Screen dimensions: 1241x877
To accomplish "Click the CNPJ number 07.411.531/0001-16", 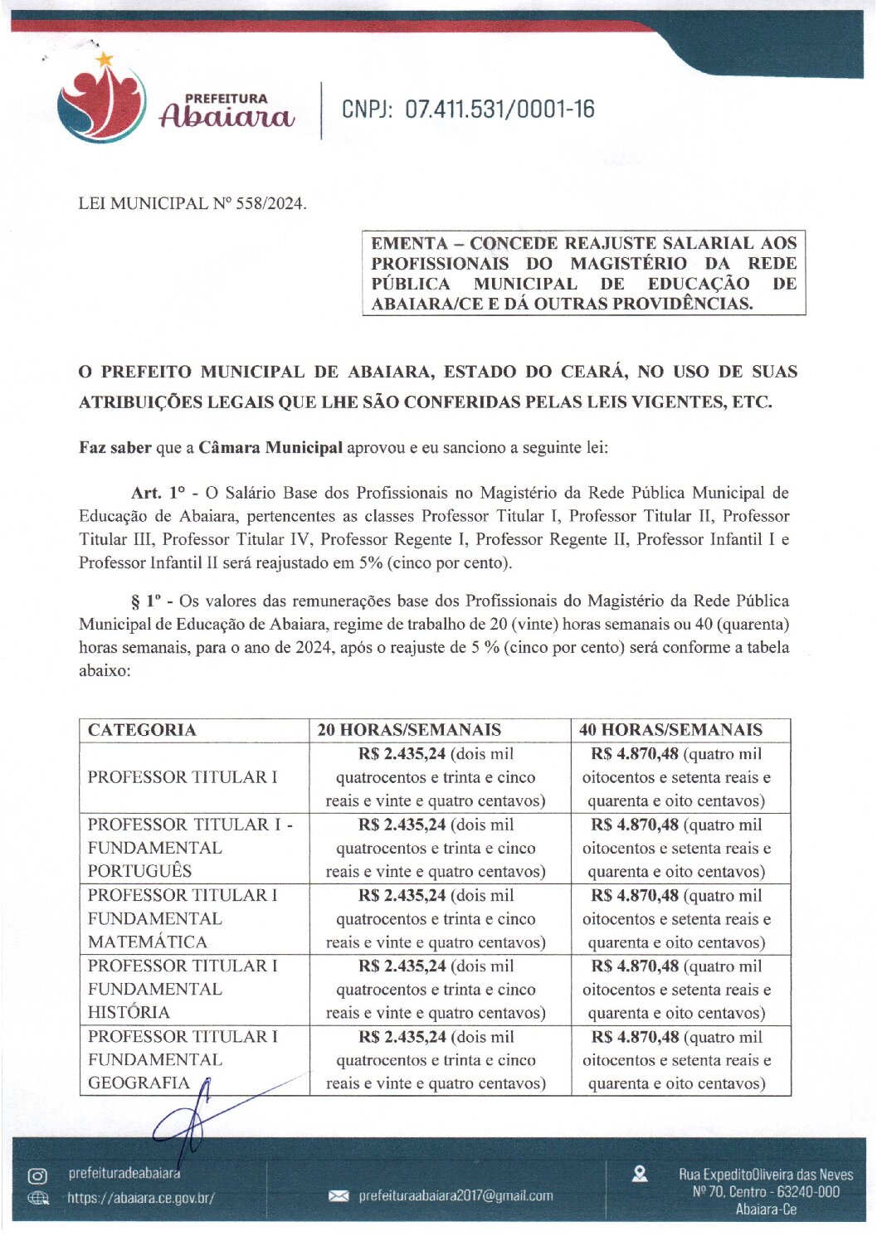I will [x=499, y=109].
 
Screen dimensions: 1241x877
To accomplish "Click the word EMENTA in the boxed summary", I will [x=409, y=243].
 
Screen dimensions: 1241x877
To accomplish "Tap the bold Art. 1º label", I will [x=158, y=493].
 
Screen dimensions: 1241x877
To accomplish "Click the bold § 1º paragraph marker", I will [x=146, y=601].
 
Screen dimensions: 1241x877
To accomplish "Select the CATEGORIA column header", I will [x=142, y=730].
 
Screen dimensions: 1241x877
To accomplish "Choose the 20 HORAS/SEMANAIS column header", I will [x=409, y=730].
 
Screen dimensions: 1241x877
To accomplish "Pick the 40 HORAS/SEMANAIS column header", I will [x=670, y=730].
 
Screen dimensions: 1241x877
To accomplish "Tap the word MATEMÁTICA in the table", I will [x=148, y=942].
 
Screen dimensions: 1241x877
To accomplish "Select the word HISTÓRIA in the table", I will [x=129, y=1013].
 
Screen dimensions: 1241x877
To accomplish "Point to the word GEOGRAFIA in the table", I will [x=139, y=1083].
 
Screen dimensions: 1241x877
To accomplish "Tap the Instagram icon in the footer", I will [x=37, y=1175].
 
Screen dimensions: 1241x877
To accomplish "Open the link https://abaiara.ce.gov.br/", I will [x=141, y=1198].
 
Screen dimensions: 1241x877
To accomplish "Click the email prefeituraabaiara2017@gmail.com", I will [x=456, y=1196].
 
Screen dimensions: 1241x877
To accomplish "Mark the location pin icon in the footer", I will [x=640, y=1175].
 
